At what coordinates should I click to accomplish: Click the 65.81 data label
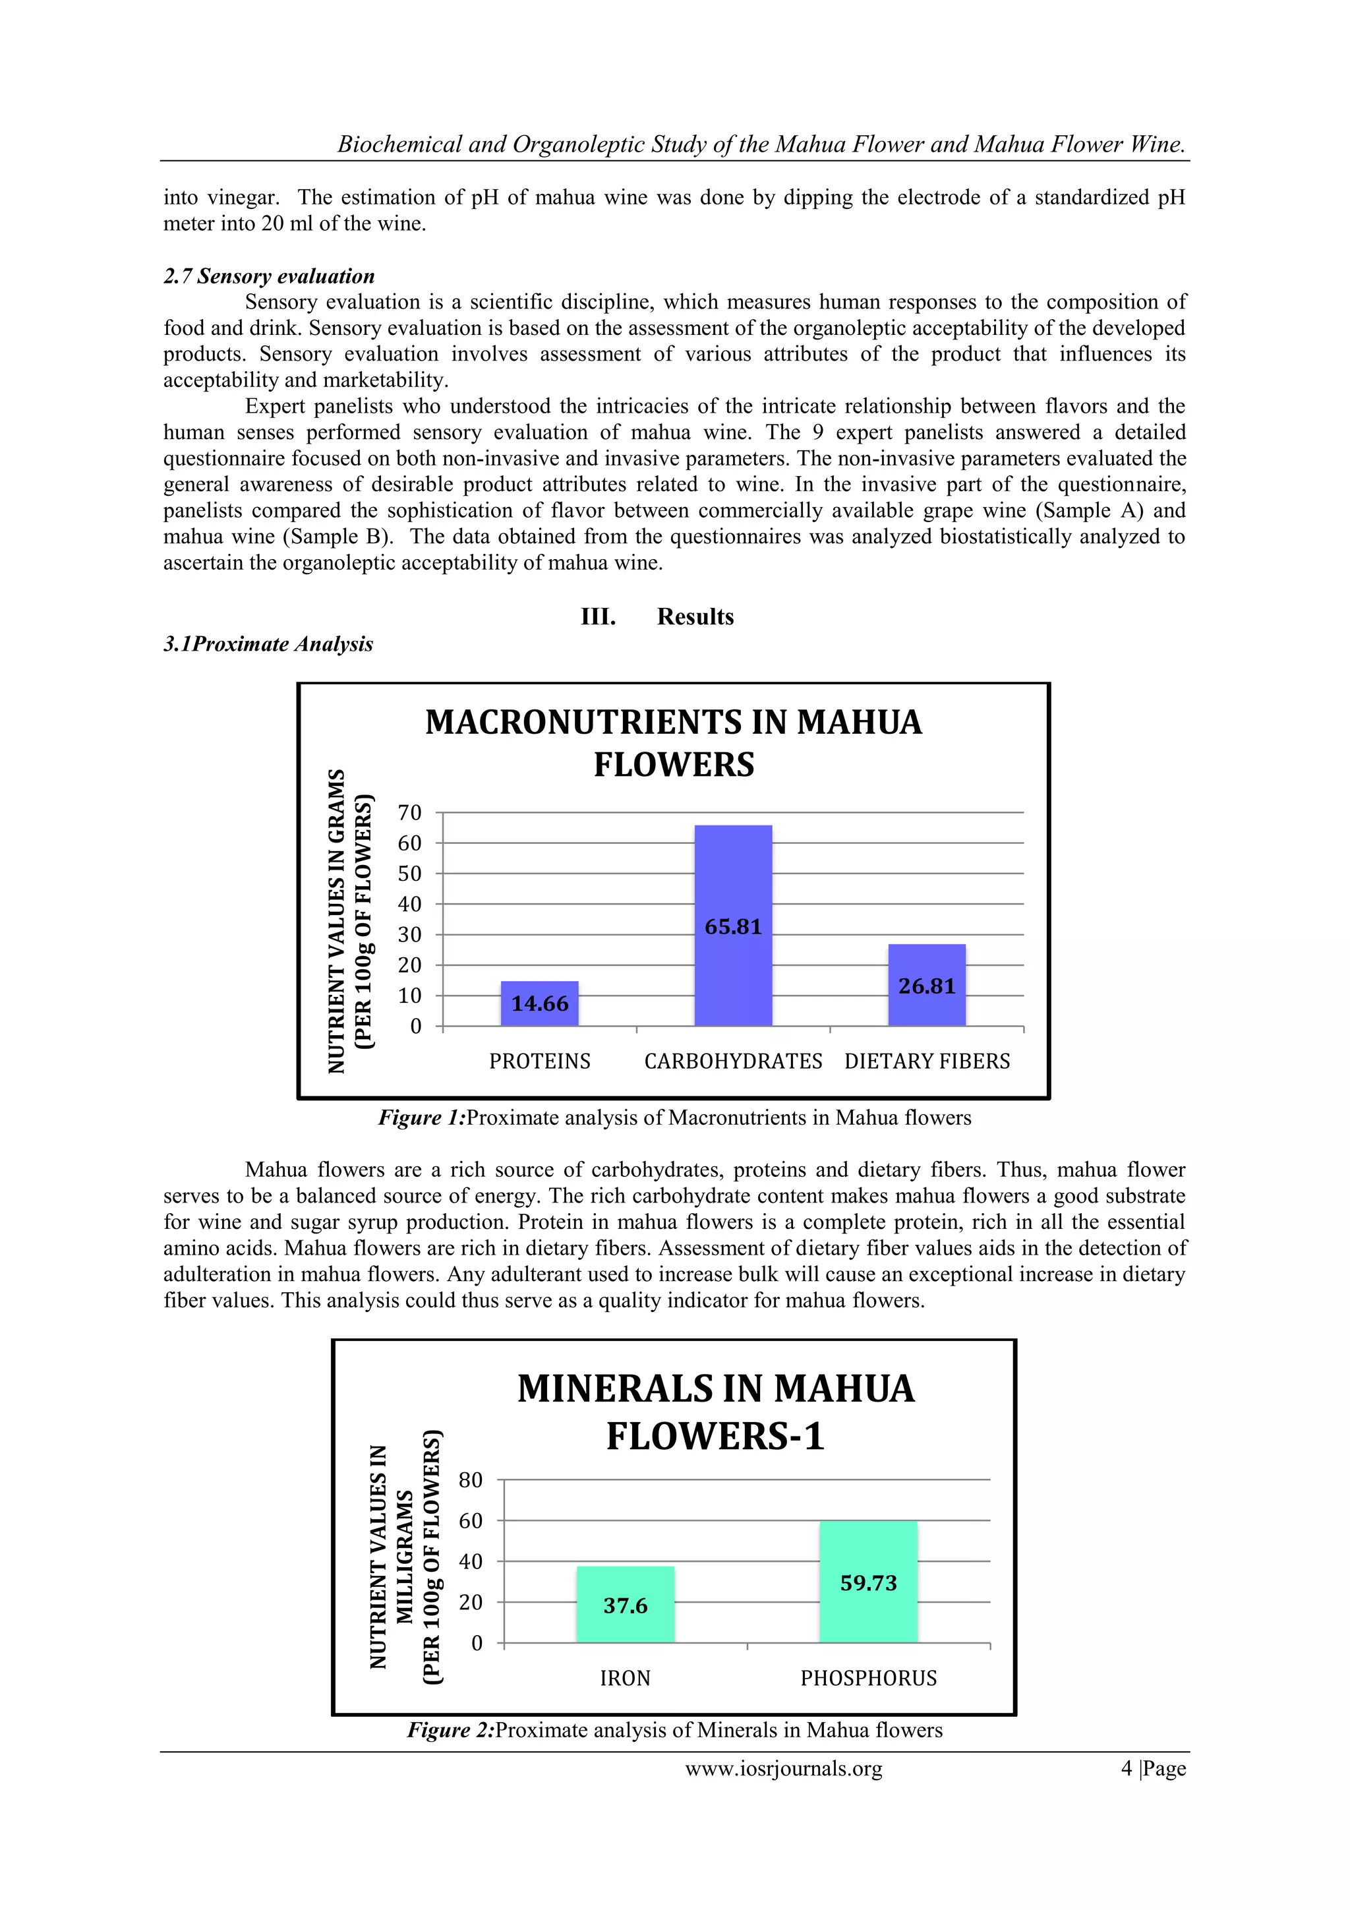coord(733,927)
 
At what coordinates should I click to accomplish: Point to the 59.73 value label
coord(867,1583)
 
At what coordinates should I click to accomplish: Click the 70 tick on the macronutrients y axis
coord(409,813)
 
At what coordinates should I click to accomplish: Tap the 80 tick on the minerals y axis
coord(470,1480)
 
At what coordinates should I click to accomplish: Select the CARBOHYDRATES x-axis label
coord(733,1061)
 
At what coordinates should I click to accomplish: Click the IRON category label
coord(625,1678)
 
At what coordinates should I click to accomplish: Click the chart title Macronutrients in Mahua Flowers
coord(674,743)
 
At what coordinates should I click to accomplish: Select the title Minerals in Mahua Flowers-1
coord(715,1412)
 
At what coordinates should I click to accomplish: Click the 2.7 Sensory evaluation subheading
coord(269,276)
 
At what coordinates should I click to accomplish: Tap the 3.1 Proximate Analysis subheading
coord(268,644)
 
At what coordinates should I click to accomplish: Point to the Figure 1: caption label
coord(422,1118)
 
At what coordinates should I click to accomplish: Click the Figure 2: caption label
coord(450,1730)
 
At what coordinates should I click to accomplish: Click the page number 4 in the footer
coord(1127,1769)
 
